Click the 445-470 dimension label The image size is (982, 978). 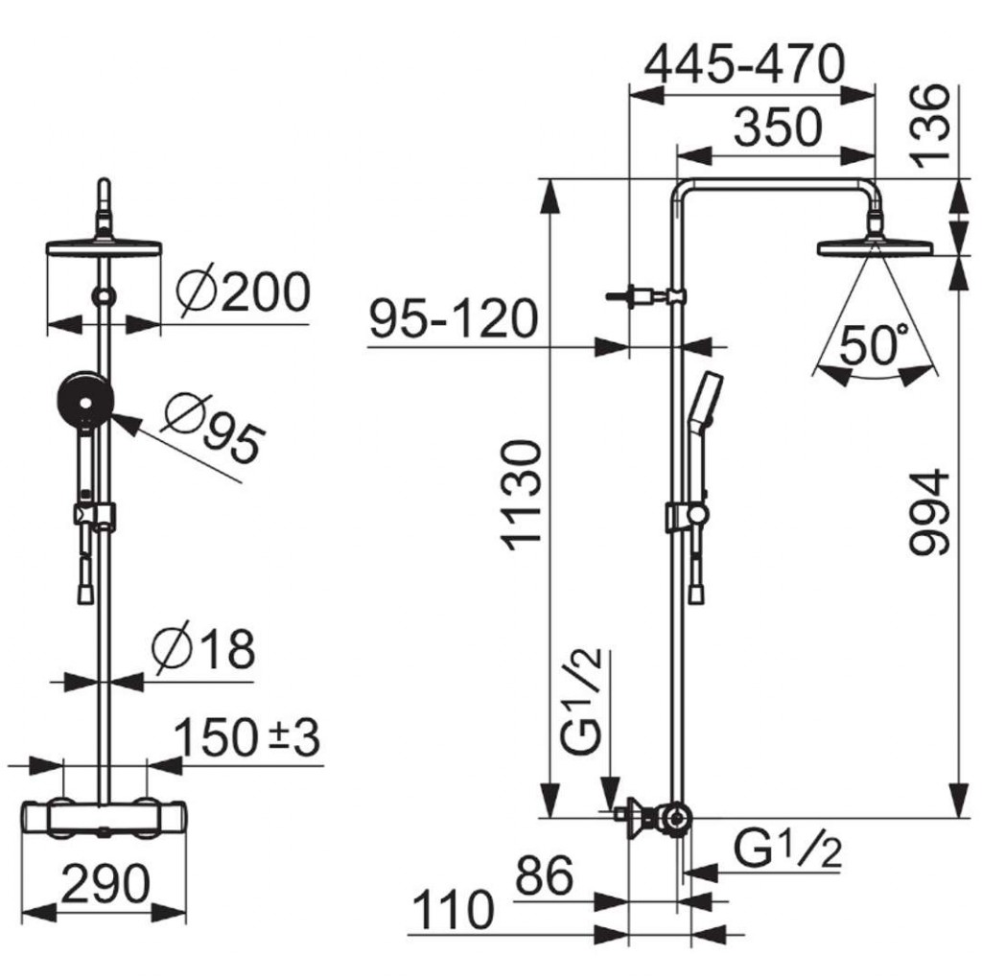tap(744, 64)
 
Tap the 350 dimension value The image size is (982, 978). tap(777, 128)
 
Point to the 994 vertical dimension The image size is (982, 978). tap(929, 513)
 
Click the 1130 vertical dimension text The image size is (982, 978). tap(523, 496)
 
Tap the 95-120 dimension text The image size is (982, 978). tap(454, 318)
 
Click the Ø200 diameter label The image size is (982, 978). tap(243, 291)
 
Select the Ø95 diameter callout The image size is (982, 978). tap(213, 429)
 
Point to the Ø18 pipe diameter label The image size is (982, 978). tap(204, 647)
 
